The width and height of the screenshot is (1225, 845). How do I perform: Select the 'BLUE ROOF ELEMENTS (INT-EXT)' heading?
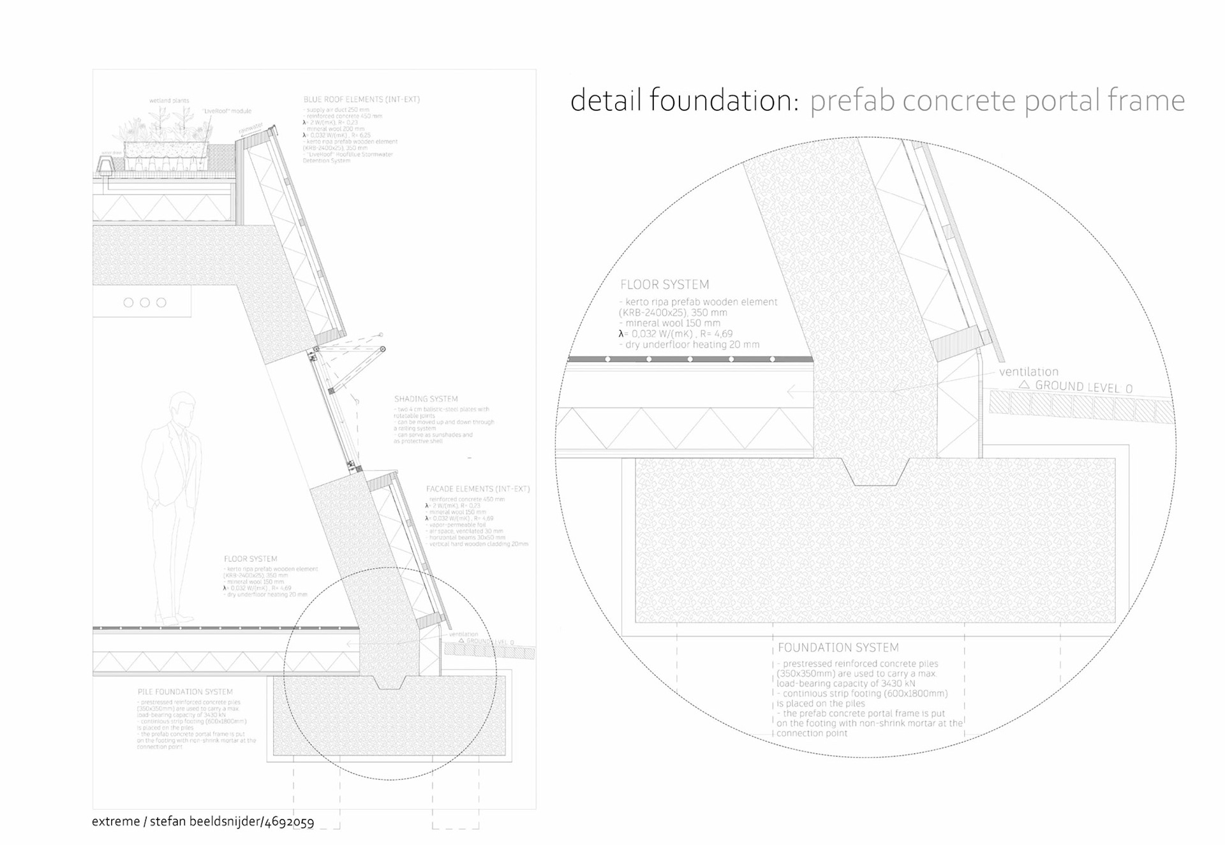click(361, 99)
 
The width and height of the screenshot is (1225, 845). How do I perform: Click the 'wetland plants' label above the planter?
click(169, 101)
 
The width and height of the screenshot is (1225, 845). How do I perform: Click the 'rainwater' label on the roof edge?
click(251, 129)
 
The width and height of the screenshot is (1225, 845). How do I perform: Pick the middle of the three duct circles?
click(145, 302)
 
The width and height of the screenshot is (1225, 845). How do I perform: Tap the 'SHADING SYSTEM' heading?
click(426, 399)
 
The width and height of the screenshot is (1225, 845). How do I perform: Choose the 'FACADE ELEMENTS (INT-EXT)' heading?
click(478, 489)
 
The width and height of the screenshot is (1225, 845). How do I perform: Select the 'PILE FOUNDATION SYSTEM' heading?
click(185, 692)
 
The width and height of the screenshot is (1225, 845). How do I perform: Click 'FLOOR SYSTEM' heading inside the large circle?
click(664, 285)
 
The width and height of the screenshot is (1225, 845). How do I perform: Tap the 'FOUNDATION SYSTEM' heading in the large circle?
click(838, 648)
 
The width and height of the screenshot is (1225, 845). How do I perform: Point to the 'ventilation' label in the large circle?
click(1028, 372)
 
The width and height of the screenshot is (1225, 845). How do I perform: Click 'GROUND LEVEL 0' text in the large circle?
click(1083, 387)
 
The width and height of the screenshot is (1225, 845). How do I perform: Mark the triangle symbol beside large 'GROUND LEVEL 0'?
click(1024, 385)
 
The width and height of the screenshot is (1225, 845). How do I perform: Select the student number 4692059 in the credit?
click(289, 822)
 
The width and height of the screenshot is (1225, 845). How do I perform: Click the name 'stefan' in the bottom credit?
click(170, 821)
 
